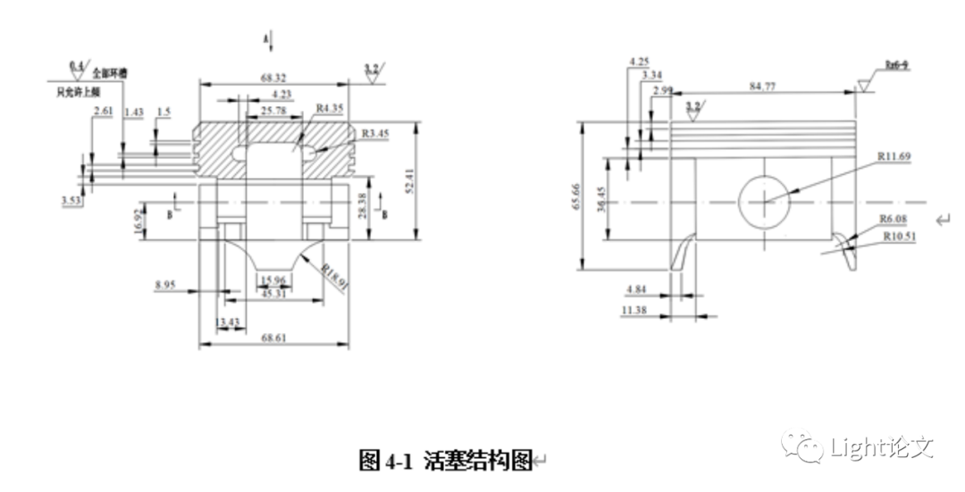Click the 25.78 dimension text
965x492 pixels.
tap(273, 111)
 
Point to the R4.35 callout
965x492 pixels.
tap(330, 108)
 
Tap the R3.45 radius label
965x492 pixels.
tap(375, 134)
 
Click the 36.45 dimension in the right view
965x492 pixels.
tap(600, 198)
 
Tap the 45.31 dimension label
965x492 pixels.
tap(274, 293)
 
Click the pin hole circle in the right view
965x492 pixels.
tap(765, 201)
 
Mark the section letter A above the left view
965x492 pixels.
tap(265, 39)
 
